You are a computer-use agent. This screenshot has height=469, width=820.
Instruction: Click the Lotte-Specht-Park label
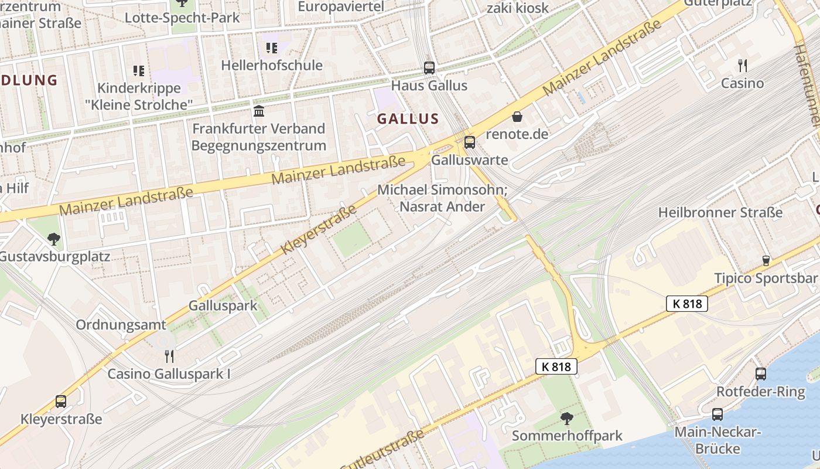(182, 18)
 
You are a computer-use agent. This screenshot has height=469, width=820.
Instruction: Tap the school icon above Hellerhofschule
(271, 47)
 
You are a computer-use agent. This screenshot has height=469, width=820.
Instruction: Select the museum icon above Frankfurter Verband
(258, 111)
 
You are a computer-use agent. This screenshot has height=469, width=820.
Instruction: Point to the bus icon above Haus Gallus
(429, 67)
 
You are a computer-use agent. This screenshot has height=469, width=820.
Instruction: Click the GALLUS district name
(408, 119)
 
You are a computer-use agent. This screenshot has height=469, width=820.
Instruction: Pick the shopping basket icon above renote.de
(517, 117)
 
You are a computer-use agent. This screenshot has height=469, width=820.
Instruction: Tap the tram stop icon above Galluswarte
(469, 142)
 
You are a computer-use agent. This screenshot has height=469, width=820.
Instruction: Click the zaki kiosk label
(518, 8)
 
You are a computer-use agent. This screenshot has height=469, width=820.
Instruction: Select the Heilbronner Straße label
(720, 212)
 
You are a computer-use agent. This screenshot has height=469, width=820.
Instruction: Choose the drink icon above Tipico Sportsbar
(766, 260)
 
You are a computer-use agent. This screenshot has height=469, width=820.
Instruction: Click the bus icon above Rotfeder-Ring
(760, 373)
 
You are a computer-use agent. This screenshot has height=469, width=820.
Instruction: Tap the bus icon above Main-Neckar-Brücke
(717, 414)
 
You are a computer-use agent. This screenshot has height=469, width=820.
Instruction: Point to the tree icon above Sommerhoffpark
(566, 418)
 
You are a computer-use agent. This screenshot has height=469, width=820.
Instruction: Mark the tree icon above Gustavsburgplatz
(54, 239)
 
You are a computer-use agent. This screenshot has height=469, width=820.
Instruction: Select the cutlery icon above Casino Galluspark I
(169, 356)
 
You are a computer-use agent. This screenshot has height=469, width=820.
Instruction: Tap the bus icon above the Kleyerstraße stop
(61, 402)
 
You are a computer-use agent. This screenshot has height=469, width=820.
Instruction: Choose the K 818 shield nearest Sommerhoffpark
(556, 367)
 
